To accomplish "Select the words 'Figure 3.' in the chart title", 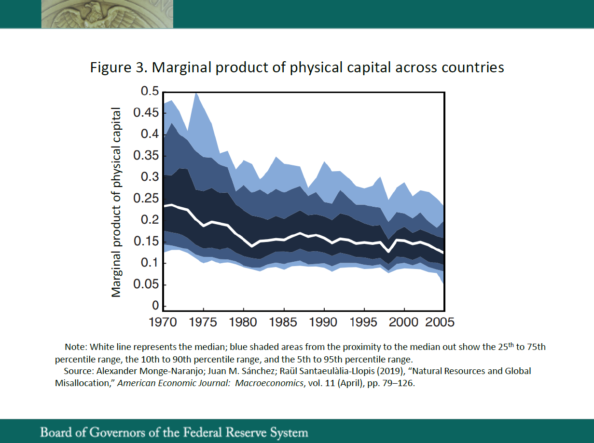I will click(x=119, y=67).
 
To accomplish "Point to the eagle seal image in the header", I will click(x=107, y=14).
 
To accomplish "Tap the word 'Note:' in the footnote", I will click(x=76, y=347).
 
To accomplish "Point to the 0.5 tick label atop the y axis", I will click(x=150, y=91).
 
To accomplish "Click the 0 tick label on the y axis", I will click(x=156, y=306).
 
